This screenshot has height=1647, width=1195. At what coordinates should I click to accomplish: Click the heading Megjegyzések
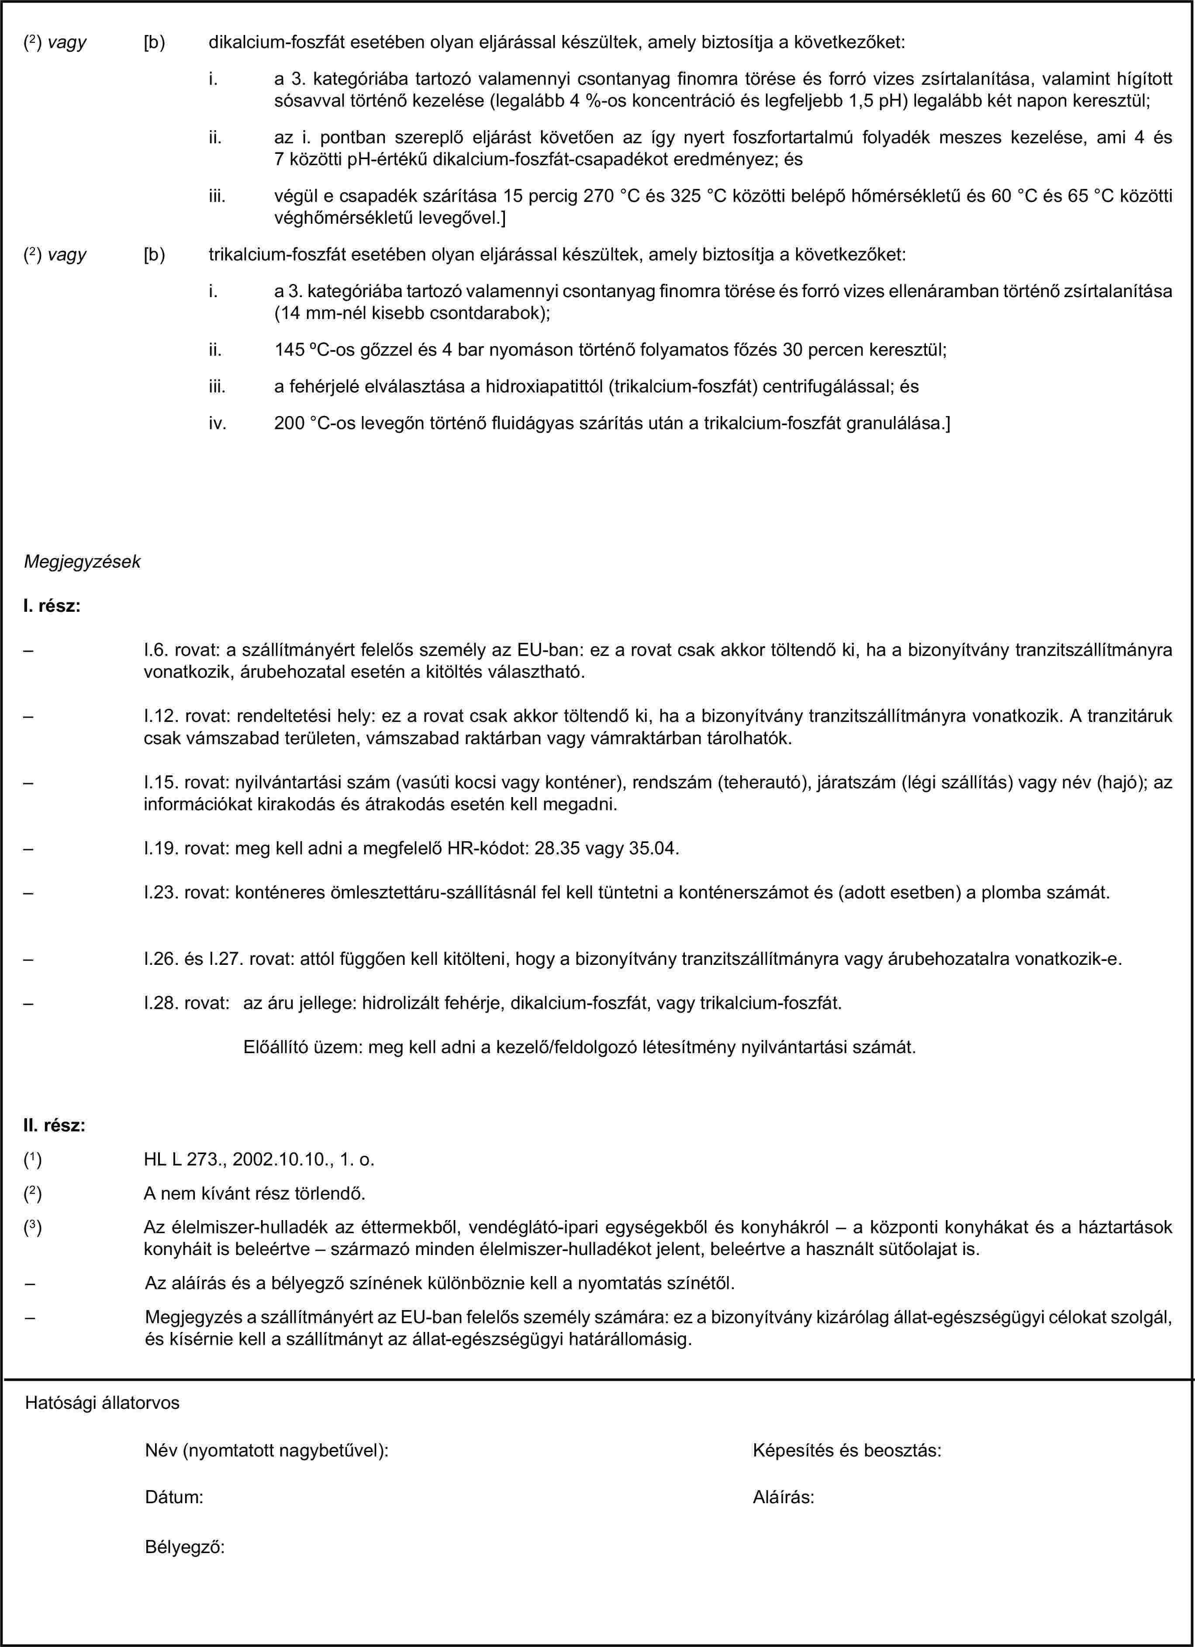(x=83, y=562)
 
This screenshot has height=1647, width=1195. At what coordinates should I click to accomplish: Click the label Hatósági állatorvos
(x=102, y=1403)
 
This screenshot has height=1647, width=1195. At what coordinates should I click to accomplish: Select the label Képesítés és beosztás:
(x=847, y=1451)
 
